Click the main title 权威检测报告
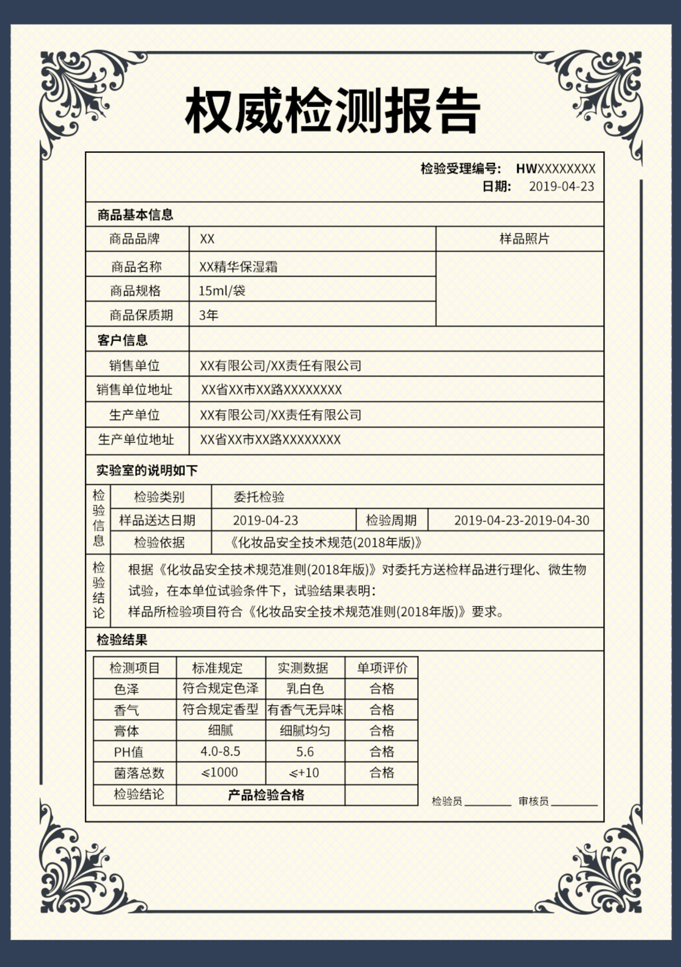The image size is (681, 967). tap(333, 111)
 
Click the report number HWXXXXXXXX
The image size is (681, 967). tap(556, 169)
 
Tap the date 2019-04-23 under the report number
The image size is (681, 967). tap(561, 186)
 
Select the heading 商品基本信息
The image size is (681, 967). tap(135, 215)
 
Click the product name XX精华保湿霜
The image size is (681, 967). tap(238, 266)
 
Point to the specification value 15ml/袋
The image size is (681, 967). tap(222, 291)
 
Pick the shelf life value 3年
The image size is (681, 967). tap(208, 315)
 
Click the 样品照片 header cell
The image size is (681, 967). tap(524, 238)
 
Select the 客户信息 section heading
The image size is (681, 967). tap(123, 340)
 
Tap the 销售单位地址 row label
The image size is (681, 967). tap(134, 390)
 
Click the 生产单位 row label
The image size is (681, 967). tap(134, 415)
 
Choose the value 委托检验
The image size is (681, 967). tap(259, 497)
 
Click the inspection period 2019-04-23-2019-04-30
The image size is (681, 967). tap(522, 520)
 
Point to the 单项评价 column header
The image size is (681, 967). tap(382, 668)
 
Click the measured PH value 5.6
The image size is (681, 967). tap(305, 752)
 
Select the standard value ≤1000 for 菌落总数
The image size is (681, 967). tap(220, 772)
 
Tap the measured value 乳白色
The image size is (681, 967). tap(305, 689)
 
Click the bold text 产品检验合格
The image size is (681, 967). tap(266, 795)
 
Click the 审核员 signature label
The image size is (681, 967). tap(533, 801)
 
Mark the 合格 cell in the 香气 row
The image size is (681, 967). tap(382, 710)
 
